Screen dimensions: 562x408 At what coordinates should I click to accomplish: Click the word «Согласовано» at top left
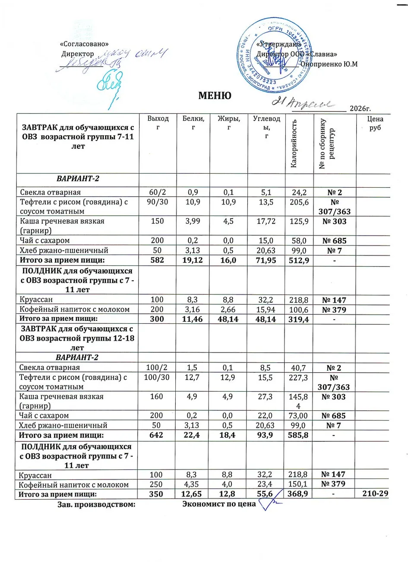pos(84,44)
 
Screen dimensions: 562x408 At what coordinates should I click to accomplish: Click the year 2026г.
pos(361,108)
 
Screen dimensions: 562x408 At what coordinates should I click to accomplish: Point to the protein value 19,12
pos(193,260)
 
